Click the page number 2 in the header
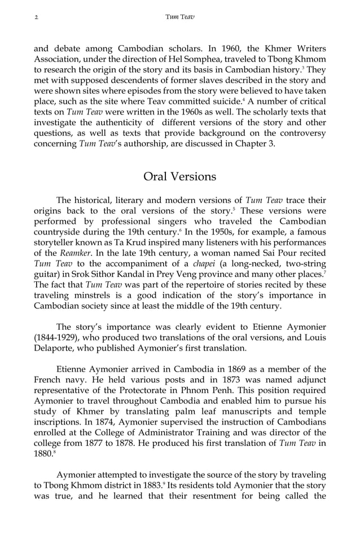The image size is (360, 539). [36, 17]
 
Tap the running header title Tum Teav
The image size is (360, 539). [179, 17]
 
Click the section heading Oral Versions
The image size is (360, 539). [179, 176]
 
